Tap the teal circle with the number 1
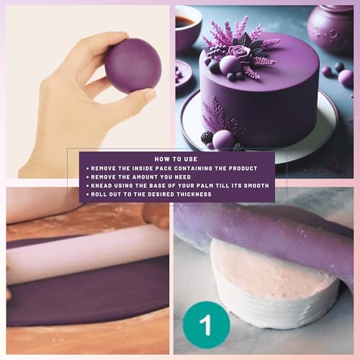tap(207, 325)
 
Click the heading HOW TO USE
tap(176, 159)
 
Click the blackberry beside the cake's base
tap(207, 138)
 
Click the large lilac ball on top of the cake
tap(229, 64)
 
